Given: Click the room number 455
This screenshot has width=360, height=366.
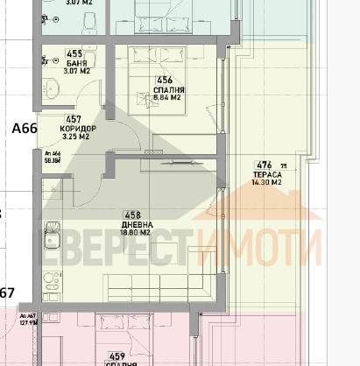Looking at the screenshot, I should (74, 53).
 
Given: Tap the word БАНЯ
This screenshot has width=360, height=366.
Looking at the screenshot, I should (74, 62).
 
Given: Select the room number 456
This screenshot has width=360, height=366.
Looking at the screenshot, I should (165, 80).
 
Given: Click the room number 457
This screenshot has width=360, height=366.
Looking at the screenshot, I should (74, 119).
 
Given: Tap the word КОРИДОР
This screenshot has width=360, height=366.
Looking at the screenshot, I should (78, 128).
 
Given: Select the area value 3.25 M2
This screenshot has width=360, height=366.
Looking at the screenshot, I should (77, 137).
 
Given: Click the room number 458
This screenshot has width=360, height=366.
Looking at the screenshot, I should (133, 215).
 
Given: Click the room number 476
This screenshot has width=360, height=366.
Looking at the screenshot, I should (263, 165).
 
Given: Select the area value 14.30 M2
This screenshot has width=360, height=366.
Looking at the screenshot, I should (264, 183).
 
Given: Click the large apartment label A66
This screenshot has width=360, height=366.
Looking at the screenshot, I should (24, 129).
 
